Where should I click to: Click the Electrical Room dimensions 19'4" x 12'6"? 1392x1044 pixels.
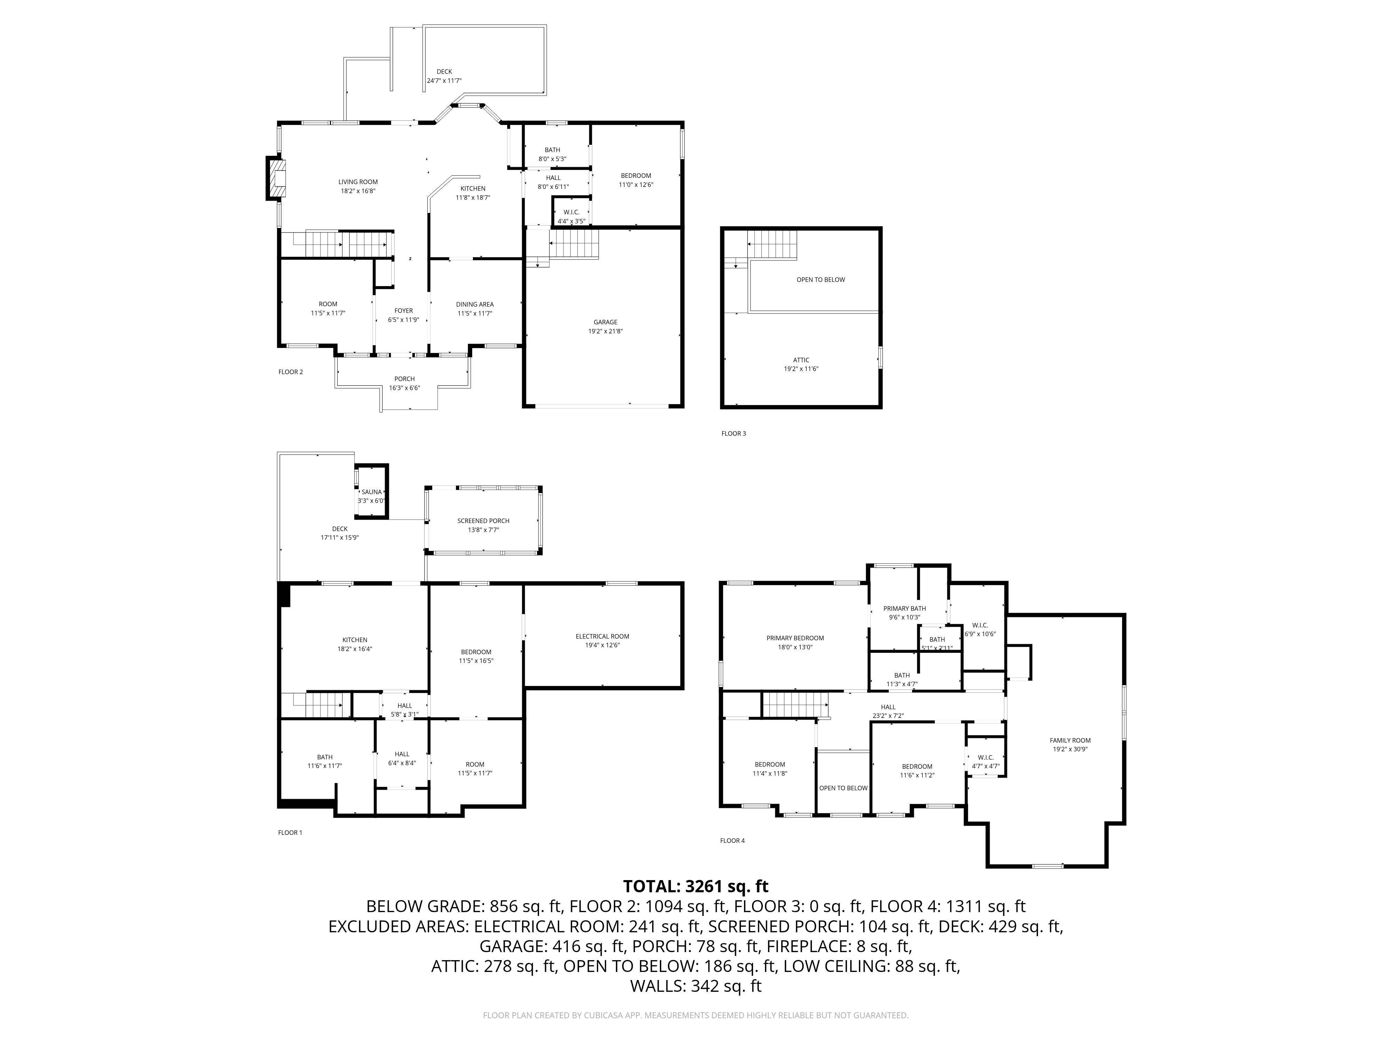click(x=602, y=645)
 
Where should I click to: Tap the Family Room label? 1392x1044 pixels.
click(x=1070, y=740)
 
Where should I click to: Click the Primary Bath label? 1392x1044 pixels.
click(x=904, y=609)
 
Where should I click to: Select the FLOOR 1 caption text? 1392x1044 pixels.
click(x=290, y=832)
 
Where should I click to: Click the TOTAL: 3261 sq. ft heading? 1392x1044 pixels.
click(x=695, y=887)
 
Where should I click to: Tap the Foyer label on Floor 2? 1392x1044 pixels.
click(x=403, y=311)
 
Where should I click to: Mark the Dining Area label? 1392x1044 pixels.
click(x=474, y=304)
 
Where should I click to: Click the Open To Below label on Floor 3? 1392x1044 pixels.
click(x=821, y=279)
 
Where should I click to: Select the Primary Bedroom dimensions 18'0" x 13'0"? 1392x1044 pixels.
click(x=795, y=647)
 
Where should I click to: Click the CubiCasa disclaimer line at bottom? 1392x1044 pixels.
click(x=695, y=1015)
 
